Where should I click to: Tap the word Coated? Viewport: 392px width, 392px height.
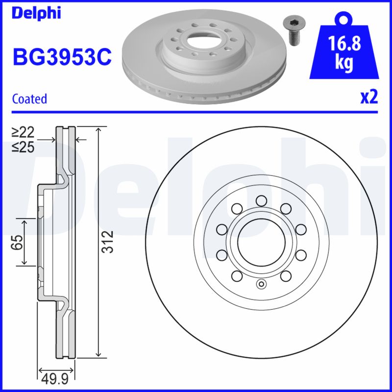(x=29, y=99)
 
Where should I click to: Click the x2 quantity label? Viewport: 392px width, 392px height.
(x=369, y=98)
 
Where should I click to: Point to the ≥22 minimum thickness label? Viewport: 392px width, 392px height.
(x=23, y=132)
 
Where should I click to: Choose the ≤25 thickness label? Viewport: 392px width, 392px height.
(x=23, y=146)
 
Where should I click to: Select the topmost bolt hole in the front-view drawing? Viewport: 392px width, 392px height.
(x=261, y=200)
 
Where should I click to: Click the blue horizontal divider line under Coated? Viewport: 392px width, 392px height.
(x=196, y=112)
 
